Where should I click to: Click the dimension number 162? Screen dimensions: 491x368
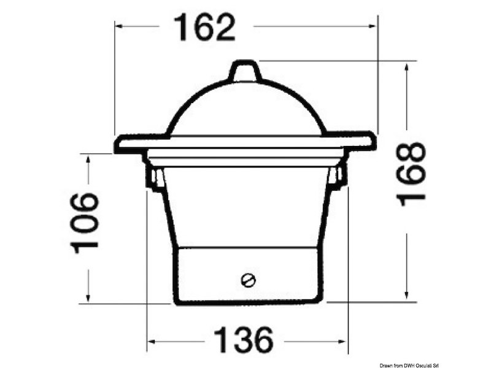tap(204, 28)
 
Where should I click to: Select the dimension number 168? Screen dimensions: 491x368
tap(411, 174)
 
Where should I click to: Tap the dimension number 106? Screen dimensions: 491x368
tap(84, 223)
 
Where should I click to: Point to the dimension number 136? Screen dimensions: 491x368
tap(243, 340)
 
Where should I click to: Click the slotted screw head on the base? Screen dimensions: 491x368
tap(249, 280)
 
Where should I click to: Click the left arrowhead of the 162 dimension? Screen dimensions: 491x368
tap(118, 26)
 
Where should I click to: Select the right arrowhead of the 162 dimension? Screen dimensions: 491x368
tap(373, 26)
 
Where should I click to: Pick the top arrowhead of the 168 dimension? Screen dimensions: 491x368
tap(406, 67)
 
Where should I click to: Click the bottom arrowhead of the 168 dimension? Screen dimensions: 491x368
tap(406, 295)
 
